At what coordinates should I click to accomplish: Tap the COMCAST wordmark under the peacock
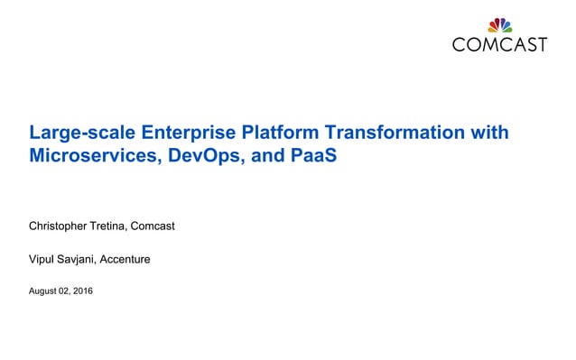point(499,43)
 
